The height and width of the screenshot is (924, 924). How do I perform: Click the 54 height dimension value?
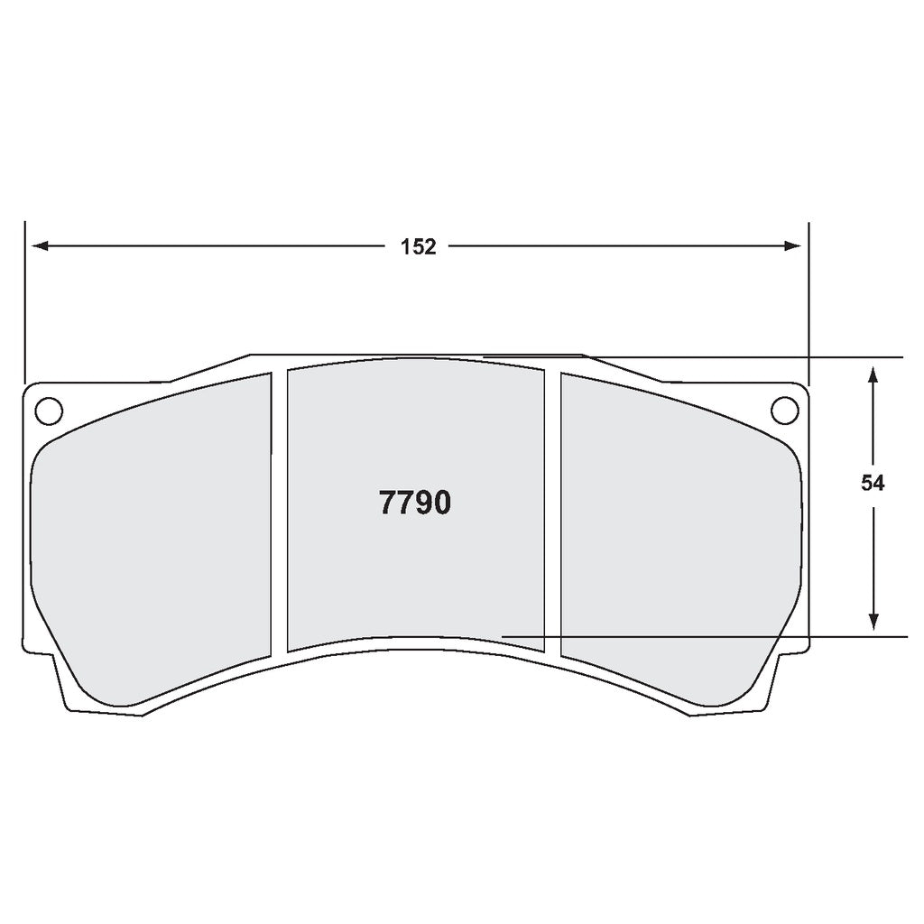pos(873,484)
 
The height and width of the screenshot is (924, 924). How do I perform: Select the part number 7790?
pos(414,504)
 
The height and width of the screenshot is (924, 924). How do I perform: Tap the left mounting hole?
pos(48,410)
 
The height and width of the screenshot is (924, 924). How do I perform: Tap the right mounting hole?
pos(784,410)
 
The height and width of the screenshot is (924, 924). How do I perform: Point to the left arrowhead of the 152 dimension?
pos(38,246)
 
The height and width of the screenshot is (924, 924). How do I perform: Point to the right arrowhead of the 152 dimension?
pos(794,246)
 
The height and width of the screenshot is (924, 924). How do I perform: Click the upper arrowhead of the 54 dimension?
pos(873,374)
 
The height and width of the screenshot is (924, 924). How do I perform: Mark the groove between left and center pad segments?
pos(279,510)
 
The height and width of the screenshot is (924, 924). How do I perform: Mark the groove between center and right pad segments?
pos(552,510)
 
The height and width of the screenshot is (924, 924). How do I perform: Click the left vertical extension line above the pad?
pos(24,298)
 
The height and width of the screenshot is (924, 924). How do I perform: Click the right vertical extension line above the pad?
pos(808,298)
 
